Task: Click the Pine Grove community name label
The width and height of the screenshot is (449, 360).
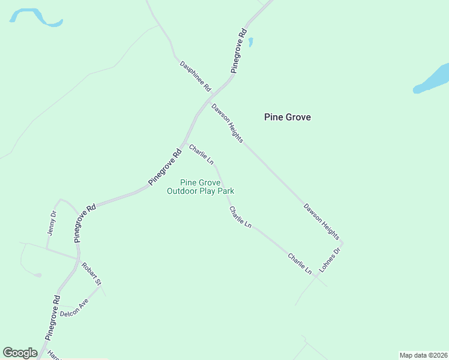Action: [x=288, y=118]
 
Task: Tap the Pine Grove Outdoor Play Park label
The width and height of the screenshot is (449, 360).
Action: [x=200, y=187]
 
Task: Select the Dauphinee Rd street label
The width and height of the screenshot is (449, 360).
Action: [x=196, y=76]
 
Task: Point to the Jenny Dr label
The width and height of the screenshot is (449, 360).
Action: [x=52, y=223]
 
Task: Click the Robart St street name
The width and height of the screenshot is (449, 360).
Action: [x=92, y=274]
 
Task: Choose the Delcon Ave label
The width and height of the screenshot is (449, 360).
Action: [x=74, y=308]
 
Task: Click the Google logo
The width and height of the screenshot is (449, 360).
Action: [x=20, y=353]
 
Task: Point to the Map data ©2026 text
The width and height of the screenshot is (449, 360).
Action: [x=423, y=355]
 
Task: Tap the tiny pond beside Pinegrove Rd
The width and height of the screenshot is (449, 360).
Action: [x=250, y=42]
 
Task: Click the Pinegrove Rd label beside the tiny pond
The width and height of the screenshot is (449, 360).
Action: [x=238, y=51]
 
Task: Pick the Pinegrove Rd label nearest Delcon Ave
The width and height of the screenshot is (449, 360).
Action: [x=53, y=317]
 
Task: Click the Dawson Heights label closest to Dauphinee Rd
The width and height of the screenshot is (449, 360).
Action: [x=227, y=123]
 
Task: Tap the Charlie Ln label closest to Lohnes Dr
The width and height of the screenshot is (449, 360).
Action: [x=300, y=264]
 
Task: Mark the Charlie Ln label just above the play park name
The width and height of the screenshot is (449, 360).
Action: [x=201, y=154]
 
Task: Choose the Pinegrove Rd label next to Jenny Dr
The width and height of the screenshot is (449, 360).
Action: [x=85, y=223]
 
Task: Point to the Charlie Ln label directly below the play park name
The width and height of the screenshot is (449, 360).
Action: [x=240, y=217]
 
